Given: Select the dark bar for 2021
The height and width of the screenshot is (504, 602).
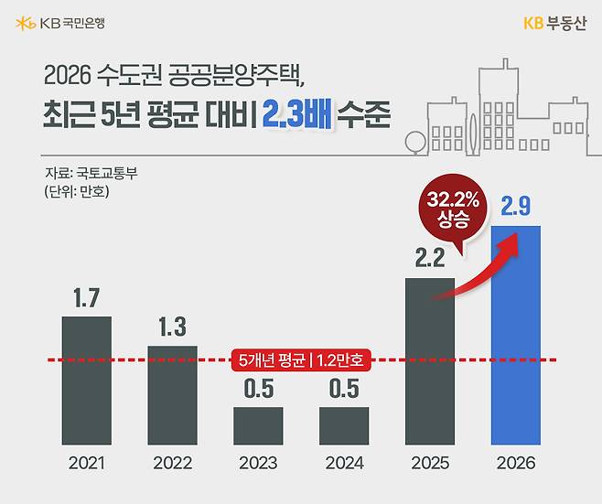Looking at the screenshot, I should tap(86, 380).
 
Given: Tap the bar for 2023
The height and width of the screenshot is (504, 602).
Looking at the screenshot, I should tap(258, 425).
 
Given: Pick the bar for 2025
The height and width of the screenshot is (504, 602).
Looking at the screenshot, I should tap(430, 361).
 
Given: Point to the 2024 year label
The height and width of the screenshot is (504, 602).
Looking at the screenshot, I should tap(344, 464).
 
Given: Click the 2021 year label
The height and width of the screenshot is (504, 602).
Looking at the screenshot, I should tap(86, 464).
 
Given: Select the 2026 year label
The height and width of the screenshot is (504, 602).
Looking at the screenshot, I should tap(516, 464).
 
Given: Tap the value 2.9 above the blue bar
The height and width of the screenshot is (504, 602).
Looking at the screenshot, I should tap(516, 207).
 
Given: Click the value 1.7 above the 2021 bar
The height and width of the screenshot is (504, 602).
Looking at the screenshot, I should tap(86, 297).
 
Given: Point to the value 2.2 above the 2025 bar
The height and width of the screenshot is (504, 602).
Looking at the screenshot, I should tap(430, 259).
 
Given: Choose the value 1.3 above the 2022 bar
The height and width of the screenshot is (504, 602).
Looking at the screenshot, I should tap(172, 327).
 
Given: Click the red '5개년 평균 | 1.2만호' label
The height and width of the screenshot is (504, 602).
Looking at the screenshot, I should tap(301, 359).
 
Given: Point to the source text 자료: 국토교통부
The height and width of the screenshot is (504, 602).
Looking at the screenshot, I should tap(91, 173).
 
